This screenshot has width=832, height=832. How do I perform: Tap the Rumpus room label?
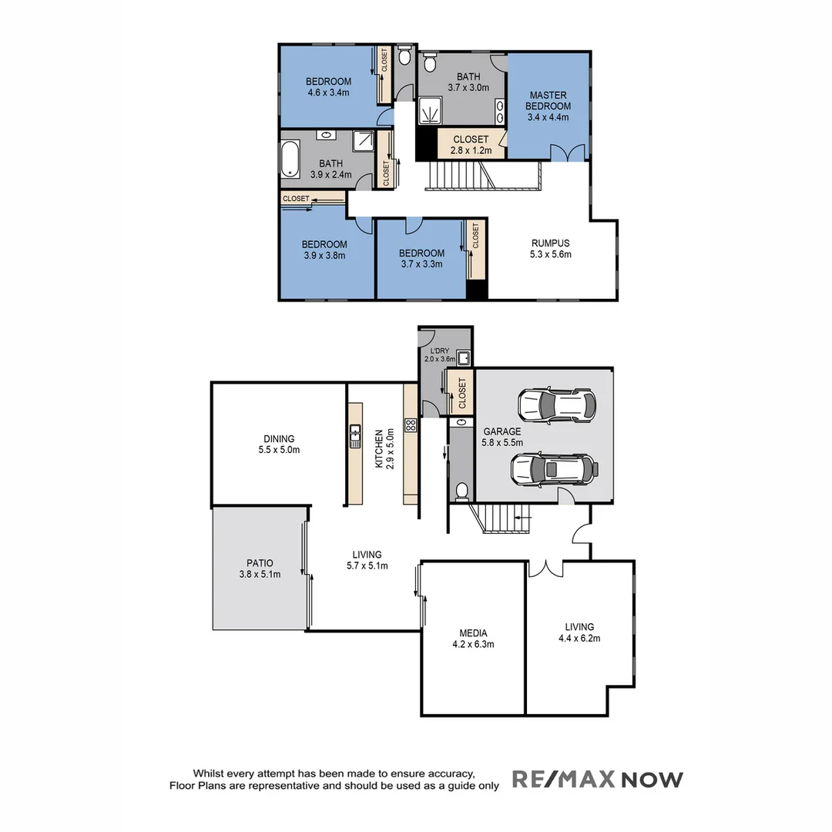(x=550, y=243)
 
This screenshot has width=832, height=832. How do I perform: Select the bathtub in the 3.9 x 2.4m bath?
(x=289, y=159)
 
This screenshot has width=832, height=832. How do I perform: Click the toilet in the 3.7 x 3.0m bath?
(x=430, y=62)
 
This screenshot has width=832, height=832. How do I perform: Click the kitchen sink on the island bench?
(x=355, y=436)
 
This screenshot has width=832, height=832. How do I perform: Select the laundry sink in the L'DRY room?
(x=463, y=357)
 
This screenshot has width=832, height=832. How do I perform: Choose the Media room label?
(x=473, y=633)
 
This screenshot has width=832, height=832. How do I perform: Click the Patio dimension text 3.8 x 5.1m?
(x=260, y=574)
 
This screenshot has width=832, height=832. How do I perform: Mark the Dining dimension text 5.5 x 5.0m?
(x=279, y=450)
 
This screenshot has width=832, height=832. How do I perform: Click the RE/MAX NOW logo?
(x=597, y=780)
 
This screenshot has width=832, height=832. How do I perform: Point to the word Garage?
(x=502, y=431)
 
